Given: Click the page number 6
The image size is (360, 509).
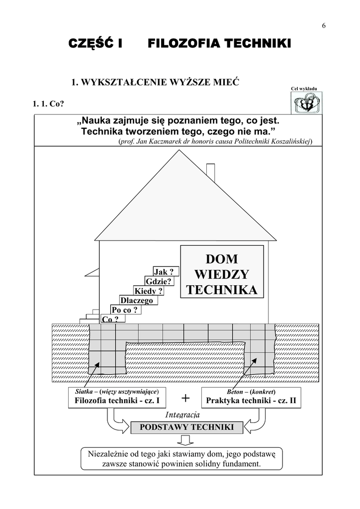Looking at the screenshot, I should (x=324, y=26).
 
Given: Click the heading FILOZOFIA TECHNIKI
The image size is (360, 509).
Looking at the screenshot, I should (x=219, y=45).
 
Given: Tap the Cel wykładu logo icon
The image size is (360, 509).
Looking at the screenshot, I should (x=304, y=103).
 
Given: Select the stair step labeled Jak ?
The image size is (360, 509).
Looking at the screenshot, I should (x=166, y=271).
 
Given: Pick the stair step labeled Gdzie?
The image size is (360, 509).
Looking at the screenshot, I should (x=159, y=281).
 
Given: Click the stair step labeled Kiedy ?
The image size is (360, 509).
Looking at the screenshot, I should (x=148, y=291).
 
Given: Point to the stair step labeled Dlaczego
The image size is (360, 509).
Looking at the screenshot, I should (x=137, y=300).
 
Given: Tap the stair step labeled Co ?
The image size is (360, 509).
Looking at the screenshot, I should (x=110, y=319).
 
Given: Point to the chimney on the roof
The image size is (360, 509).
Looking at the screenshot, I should (x=210, y=171).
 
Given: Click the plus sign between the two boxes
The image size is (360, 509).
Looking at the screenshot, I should (x=185, y=398).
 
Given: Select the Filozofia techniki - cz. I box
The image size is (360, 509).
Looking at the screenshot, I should (x=117, y=398).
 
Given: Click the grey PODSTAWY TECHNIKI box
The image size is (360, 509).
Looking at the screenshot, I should (x=186, y=427).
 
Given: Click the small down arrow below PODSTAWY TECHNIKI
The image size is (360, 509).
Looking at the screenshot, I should (x=186, y=440).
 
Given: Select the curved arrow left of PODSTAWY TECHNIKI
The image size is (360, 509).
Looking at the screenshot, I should (x=116, y=424).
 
